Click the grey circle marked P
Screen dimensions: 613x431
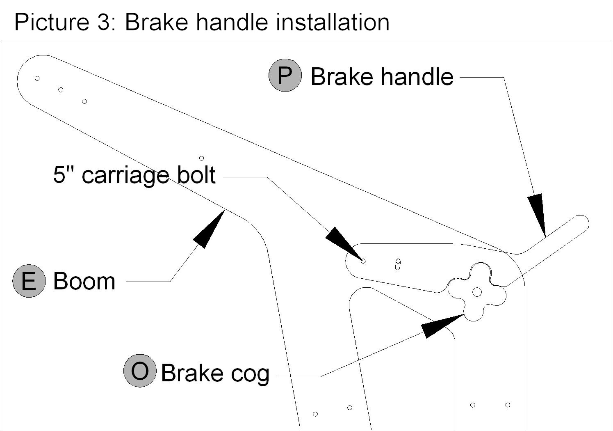click(285, 76)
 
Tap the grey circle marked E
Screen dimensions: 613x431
click(29, 281)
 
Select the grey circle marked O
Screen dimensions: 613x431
click(140, 371)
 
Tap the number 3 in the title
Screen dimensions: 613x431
click(104, 22)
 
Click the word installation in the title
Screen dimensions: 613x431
click(333, 22)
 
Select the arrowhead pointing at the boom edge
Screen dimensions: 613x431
click(209, 229)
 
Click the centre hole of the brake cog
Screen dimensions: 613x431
click(477, 292)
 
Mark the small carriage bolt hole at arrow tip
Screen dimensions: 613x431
click(363, 261)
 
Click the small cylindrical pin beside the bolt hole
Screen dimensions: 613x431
click(398, 264)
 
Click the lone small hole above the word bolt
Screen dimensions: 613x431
click(201, 158)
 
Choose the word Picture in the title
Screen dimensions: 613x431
click(52, 22)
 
